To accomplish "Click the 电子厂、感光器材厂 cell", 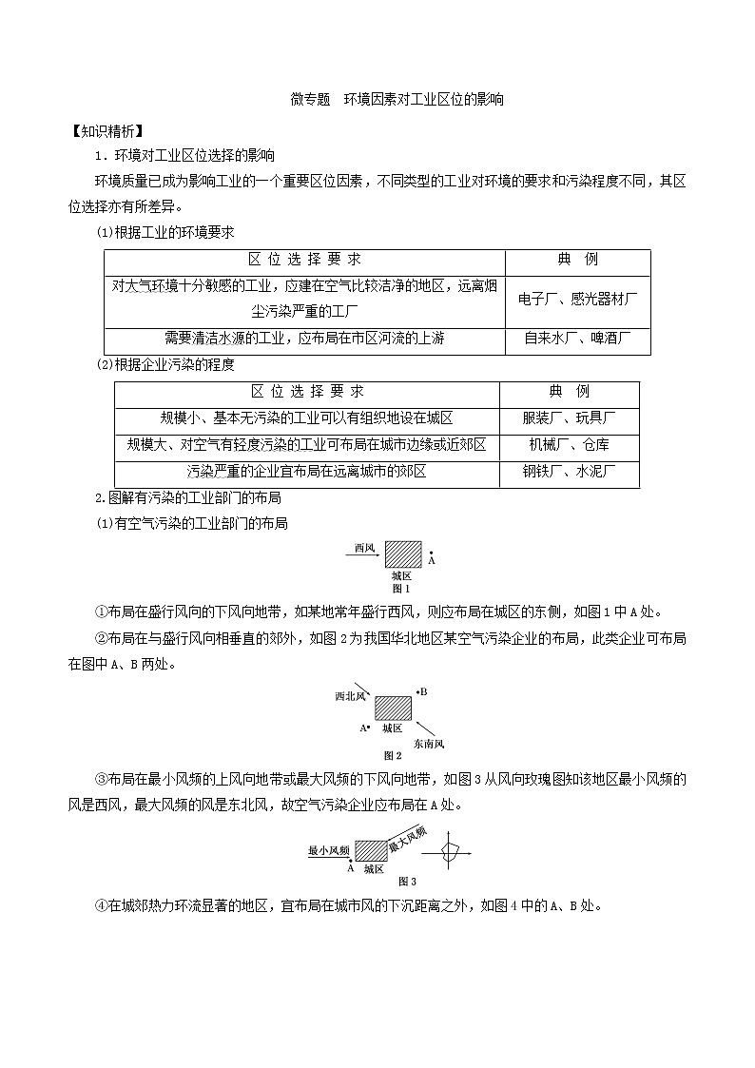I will pos(578,299).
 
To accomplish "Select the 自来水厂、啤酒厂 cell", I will pos(578,338).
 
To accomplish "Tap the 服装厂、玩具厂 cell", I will pos(569,417).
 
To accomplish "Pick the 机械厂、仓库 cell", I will pos(569,444).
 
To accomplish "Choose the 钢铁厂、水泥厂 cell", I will pos(569,471).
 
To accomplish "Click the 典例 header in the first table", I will pos(578,260).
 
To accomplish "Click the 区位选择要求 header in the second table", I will pos(306,391).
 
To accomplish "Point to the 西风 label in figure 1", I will pos(365,548).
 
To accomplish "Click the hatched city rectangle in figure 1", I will pos(402,553).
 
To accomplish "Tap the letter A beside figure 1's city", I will pos(431,561).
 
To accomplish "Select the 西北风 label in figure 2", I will pos(350,697).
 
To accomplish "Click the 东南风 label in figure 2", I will pos(429,743).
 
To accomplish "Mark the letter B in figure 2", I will pos(423,692).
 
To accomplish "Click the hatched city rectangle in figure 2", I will pos(393,709).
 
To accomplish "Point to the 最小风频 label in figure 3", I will pos(330,850).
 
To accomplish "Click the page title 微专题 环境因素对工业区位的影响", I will pos(397,99).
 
